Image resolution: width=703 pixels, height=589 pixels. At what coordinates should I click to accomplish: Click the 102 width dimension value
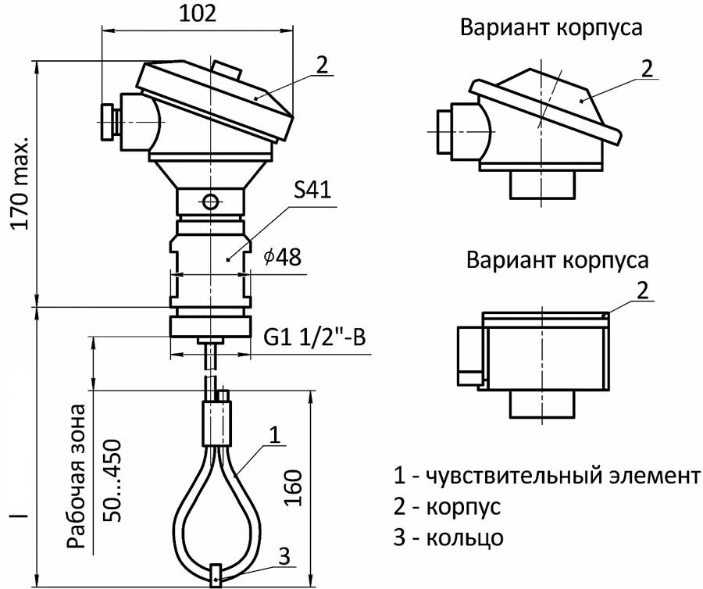click(196, 15)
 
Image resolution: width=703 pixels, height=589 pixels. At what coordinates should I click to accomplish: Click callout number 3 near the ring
click(284, 556)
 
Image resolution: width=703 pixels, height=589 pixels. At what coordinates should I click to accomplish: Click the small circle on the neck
click(210, 202)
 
